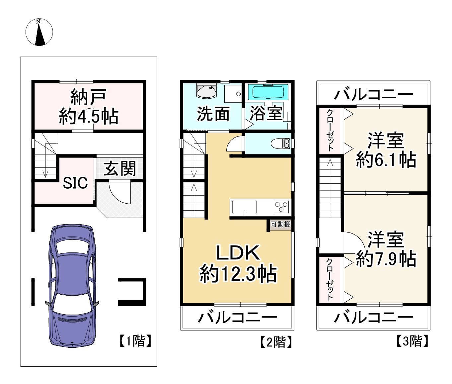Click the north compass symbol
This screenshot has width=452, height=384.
(x=39, y=32)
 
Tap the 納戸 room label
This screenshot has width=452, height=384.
(x=88, y=97)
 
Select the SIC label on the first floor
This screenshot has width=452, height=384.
(x=75, y=183)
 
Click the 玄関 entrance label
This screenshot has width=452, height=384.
(x=120, y=169)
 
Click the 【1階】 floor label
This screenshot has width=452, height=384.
(x=135, y=341)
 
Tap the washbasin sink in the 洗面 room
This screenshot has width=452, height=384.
(x=206, y=91)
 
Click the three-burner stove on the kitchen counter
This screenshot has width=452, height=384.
(x=282, y=207)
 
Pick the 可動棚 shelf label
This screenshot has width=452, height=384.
(x=280, y=224)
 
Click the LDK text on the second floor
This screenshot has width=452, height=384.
(x=238, y=253)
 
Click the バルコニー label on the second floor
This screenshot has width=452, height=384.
(x=237, y=317)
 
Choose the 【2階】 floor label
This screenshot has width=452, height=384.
(x=275, y=341)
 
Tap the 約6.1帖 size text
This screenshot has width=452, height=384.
(x=386, y=160)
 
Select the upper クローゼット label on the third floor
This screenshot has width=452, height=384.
(x=330, y=130)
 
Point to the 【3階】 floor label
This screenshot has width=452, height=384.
(x=412, y=341)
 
